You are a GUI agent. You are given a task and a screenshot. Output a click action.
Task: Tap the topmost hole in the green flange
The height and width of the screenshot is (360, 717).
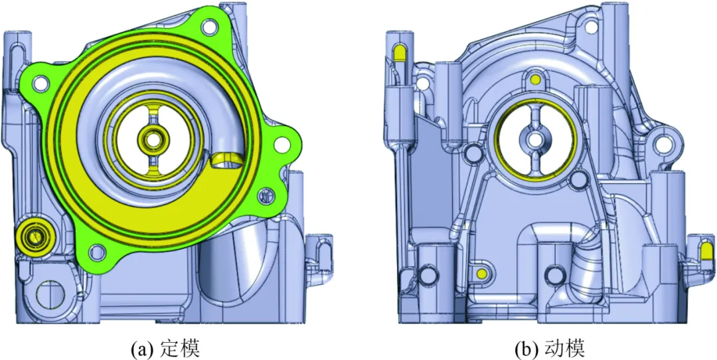209,27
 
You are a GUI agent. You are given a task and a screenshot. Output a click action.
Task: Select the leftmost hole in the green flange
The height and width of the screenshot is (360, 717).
40,84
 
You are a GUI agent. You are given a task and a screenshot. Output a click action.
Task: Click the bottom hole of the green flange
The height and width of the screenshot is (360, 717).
96,250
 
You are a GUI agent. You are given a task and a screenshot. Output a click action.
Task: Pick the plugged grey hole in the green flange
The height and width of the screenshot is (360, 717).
265,196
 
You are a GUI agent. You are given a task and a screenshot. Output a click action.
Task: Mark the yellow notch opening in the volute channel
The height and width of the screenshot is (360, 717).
226,159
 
